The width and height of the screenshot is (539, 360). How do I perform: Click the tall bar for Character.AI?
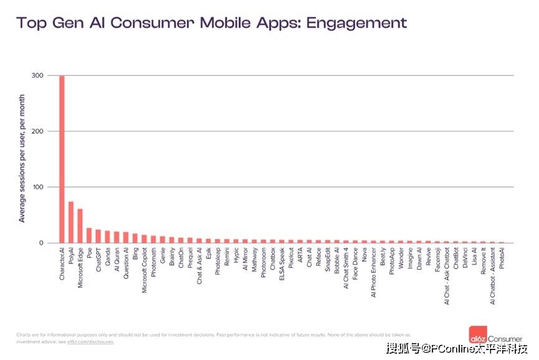pyautogui.click(x=62, y=159)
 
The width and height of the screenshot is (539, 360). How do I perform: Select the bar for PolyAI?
pyautogui.click(x=71, y=222)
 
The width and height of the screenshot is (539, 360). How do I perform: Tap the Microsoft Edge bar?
pyautogui.click(x=80, y=226)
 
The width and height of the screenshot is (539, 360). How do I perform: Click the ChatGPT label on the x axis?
pyautogui.click(x=98, y=262)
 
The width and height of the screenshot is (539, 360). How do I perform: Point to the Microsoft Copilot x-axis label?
pyautogui.click(x=145, y=272)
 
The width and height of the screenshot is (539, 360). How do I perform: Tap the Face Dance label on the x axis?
pyautogui.click(x=355, y=264)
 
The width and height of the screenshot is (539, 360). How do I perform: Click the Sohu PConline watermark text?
pyautogui.click(x=457, y=348)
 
